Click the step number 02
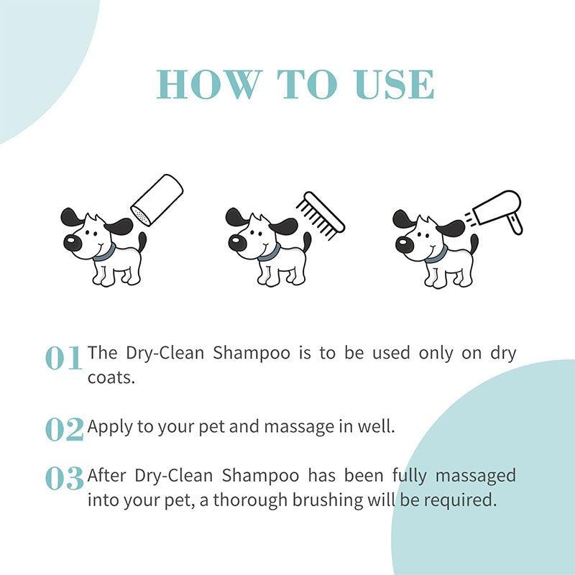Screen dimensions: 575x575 click(64, 429)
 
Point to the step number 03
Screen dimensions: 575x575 click(64, 479)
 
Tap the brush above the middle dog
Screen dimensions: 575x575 click(319, 212)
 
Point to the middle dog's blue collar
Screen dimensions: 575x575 click(270, 252)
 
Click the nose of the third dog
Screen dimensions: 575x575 click(405, 244)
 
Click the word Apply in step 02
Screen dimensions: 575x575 click(110, 427)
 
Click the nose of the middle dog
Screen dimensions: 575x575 click(238, 244)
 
